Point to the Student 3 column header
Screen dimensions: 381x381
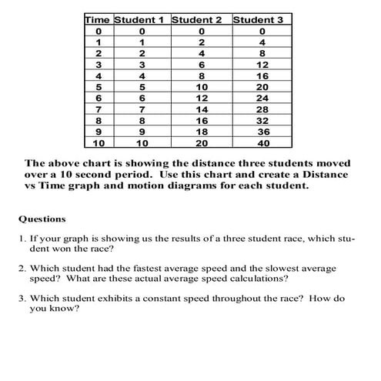click(x=258, y=18)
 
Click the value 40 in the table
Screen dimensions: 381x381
click(x=263, y=143)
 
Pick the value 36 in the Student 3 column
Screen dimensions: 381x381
click(x=264, y=131)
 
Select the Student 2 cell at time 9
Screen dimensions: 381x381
click(x=202, y=131)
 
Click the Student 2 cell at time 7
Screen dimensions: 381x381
click(x=202, y=109)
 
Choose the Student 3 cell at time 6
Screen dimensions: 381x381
click(x=262, y=98)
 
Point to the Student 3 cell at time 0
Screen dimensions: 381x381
click(x=262, y=31)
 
